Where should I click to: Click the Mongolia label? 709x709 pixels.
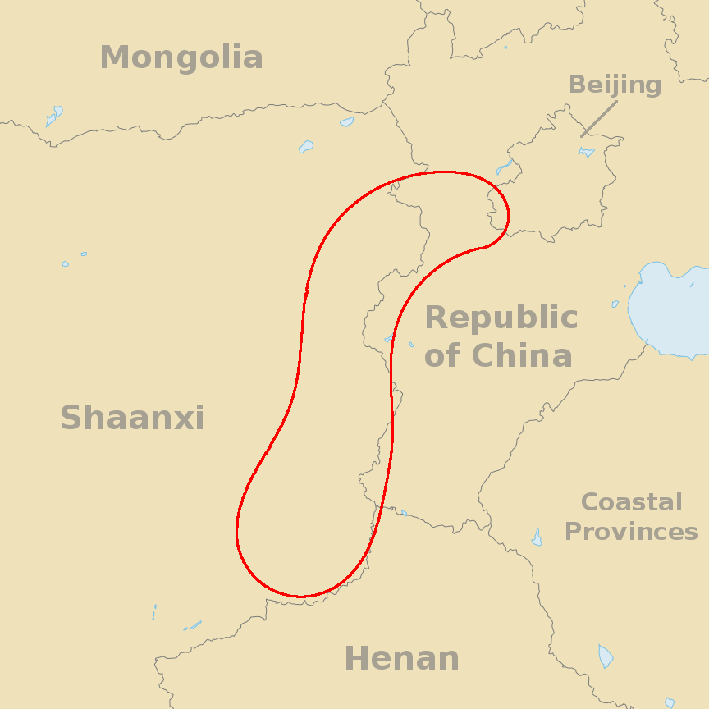[x=181, y=58]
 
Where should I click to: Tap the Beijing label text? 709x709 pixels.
[x=615, y=85]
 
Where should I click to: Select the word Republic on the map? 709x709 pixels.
[x=501, y=318]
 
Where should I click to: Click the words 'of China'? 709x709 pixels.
[x=498, y=356]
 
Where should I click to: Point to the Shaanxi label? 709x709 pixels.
[x=132, y=419]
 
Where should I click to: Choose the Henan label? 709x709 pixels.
[x=401, y=659]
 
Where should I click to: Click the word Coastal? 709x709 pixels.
[x=631, y=502]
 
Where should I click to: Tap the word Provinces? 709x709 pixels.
[x=631, y=532]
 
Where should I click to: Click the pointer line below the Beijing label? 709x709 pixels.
[x=599, y=119]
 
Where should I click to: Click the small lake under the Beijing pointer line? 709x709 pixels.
[x=586, y=152]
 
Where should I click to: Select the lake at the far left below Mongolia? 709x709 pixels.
[x=54, y=115]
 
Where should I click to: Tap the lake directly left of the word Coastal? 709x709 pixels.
[x=537, y=538]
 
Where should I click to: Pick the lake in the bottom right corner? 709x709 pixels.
[x=606, y=656]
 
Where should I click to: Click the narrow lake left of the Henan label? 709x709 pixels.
[x=194, y=626]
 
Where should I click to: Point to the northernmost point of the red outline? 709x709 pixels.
[x=443, y=172]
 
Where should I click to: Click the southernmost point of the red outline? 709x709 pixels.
[x=301, y=597]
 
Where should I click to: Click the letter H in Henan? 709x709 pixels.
[x=355, y=659]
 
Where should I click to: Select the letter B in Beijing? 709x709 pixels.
[x=577, y=85]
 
